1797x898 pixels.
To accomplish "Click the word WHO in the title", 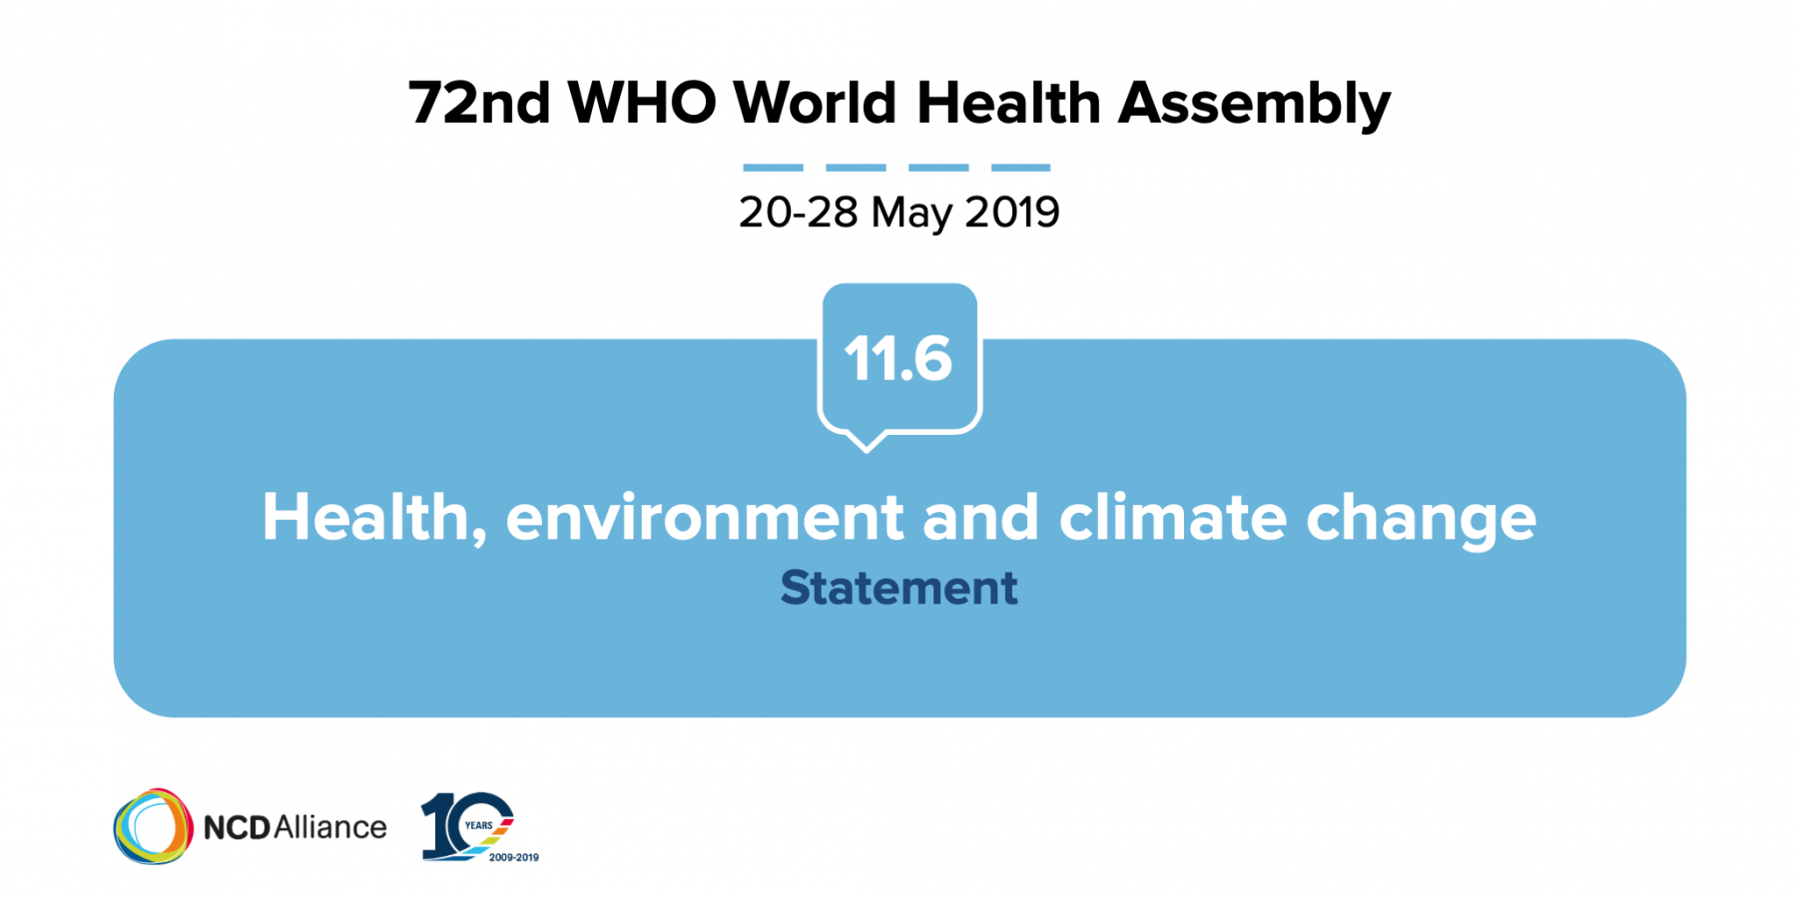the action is [642, 103].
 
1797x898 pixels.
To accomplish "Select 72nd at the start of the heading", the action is [479, 103].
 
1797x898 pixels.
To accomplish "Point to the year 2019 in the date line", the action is [1012, 213].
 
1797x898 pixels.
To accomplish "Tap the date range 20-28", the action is [798, 213].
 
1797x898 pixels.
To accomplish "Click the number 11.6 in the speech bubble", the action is [898, 359].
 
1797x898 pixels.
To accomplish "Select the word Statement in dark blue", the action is [898, 588].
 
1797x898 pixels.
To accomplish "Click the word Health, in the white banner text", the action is [374, 517].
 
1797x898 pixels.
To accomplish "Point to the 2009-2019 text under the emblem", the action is [513, 857].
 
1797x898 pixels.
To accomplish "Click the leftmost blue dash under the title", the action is [773, 168].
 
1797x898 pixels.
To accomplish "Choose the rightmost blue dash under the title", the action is [1020, 168].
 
